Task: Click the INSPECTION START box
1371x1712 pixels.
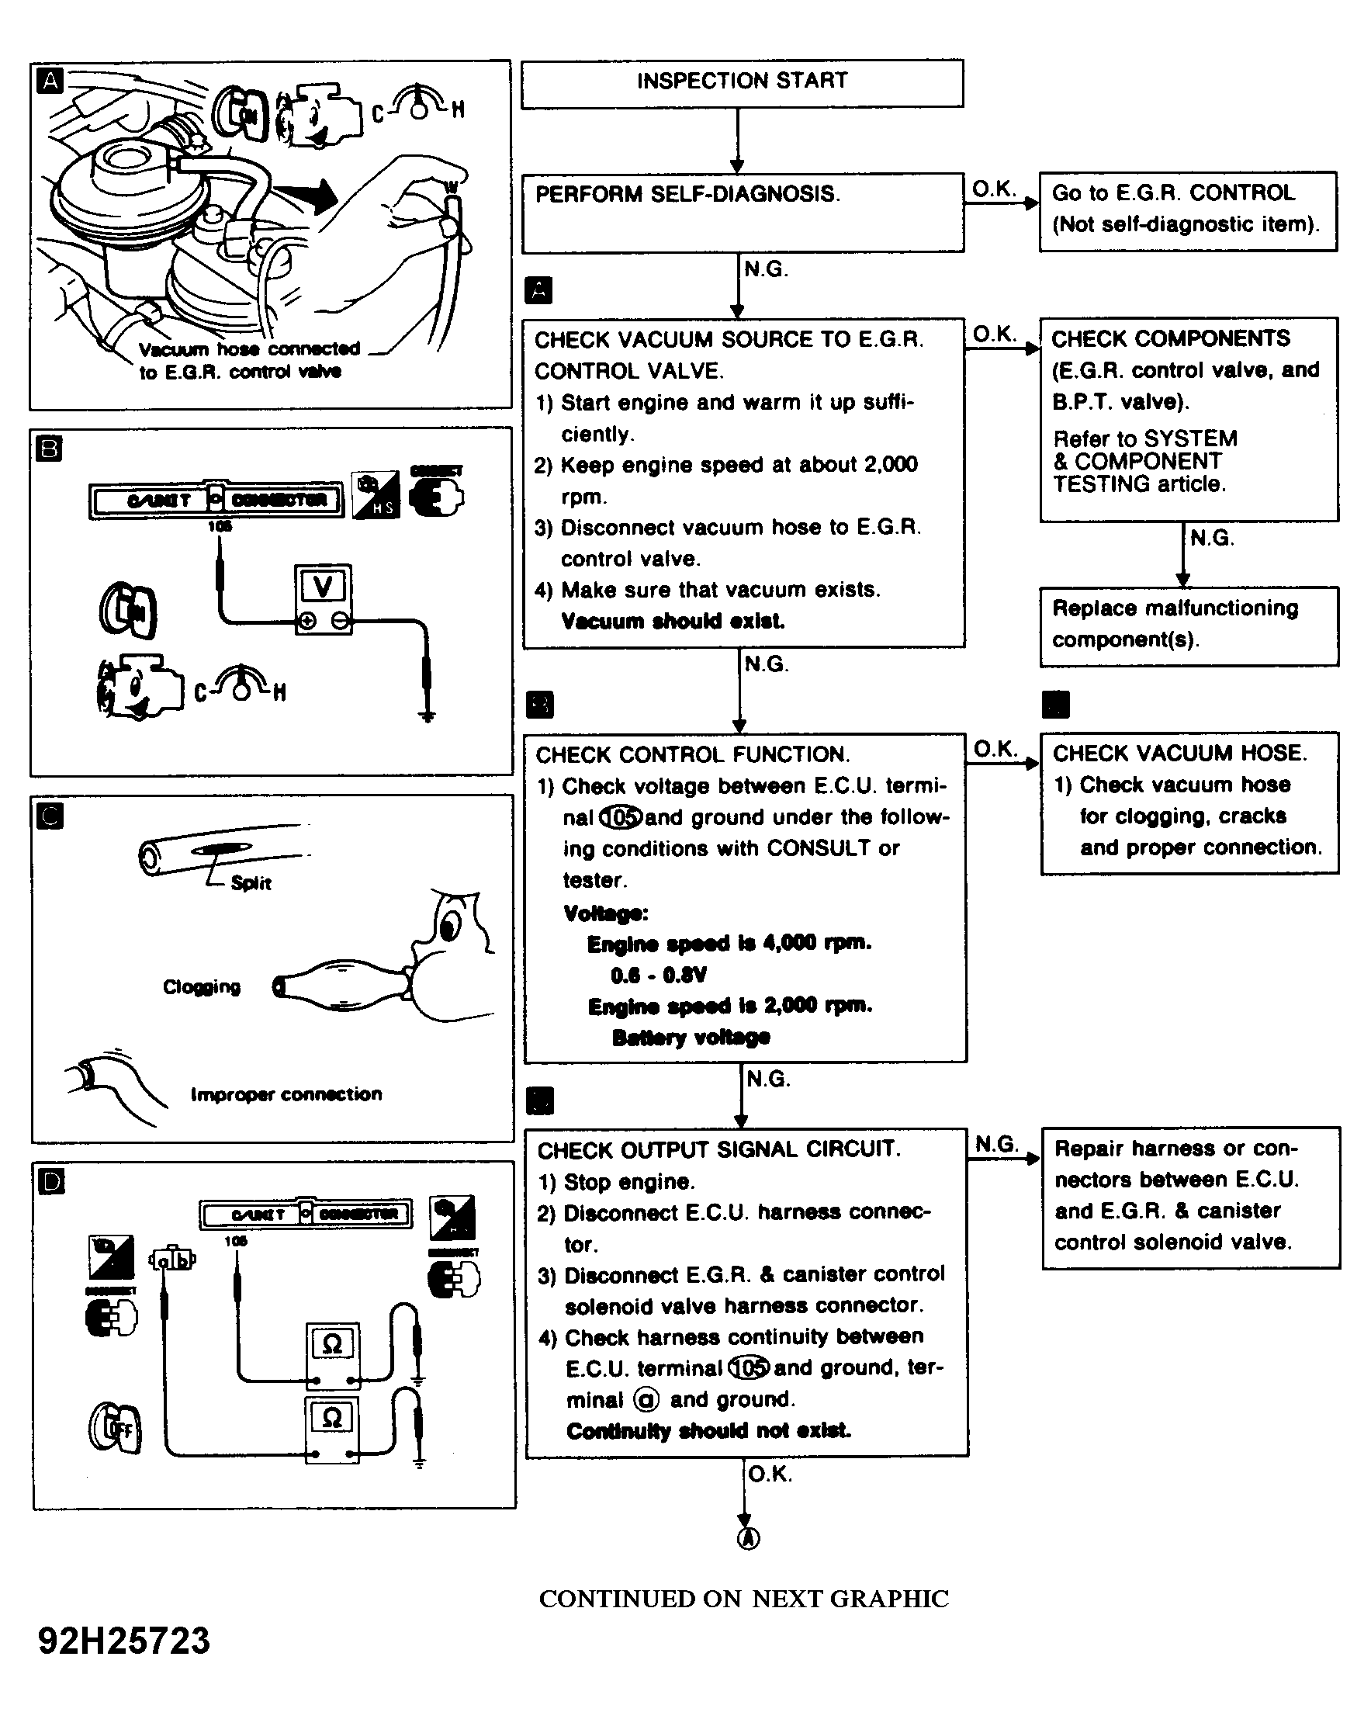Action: pyautogui.click(x=742, y=81)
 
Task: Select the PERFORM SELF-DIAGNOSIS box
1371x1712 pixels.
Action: pyautogui.click(x=743, y=212)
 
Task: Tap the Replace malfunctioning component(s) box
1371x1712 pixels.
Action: pyautogui.click(x=1189, y=625)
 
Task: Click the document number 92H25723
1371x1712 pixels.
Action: pyautogui.click(x=125, y=1641)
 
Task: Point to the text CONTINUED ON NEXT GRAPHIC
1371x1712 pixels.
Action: pyautogui.click(x=744, y=1599)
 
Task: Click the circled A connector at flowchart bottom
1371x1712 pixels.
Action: pyautogui.click(x=748, y=1538)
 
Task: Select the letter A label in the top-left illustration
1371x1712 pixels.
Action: pyautogui.click(x=50, y=81)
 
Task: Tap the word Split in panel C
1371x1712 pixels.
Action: pyautogui.click(x=251, y=883)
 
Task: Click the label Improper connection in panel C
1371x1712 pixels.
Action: pyautogui.click(x=286, y=1094)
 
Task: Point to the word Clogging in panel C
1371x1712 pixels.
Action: pyautogui.click(x=202, y=987)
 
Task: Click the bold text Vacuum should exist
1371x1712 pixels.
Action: pyautogui.click(x=673, y=621)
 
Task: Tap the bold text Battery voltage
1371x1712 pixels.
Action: pyautogui.click(x=691, y=1037)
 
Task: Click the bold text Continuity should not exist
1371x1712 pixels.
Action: pyautogui.click(x=708, y=1431)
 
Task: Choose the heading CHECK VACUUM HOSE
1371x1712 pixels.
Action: pyautogui.click(x=1179, y=753)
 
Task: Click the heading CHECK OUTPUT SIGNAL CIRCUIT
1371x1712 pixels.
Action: pyautogui.click(x=718, y=1150)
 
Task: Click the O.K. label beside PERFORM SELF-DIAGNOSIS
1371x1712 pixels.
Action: pyautogui.click(x=994, y=189)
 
